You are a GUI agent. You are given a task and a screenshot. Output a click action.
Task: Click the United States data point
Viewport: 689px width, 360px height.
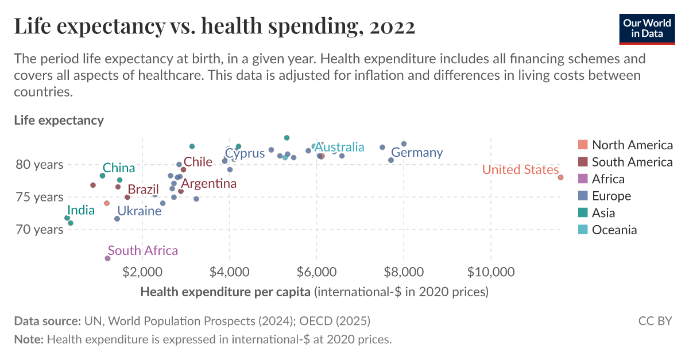[560, 177]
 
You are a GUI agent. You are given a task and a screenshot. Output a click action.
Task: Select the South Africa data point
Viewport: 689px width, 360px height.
[107, 258]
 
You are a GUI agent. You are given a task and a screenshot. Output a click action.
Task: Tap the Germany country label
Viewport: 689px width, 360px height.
[417, 153]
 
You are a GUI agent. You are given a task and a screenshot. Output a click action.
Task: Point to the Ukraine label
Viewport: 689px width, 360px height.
[140, 211]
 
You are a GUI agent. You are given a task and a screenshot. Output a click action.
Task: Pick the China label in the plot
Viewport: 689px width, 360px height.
[119, 168]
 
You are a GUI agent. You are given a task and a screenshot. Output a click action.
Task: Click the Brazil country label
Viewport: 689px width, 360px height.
[143, 189]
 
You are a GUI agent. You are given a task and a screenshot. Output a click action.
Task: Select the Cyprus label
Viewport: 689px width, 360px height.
[245, 153]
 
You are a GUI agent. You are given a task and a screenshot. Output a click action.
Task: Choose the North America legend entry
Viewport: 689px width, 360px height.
[632, 145]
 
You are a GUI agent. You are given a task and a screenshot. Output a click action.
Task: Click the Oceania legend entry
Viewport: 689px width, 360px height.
[614, 230]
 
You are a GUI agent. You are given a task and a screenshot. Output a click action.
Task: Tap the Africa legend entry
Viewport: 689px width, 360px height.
[608, 179]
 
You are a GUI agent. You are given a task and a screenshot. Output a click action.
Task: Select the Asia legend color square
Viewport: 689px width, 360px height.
[583, 212]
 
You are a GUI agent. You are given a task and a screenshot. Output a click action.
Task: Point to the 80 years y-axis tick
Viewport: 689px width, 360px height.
[40, 165]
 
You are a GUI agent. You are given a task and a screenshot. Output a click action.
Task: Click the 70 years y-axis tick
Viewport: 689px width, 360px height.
[40, 230]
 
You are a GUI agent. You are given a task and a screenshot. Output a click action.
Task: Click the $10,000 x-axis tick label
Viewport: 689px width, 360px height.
[490, 270]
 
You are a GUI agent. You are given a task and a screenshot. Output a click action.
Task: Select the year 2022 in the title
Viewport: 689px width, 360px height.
[389, 26]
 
